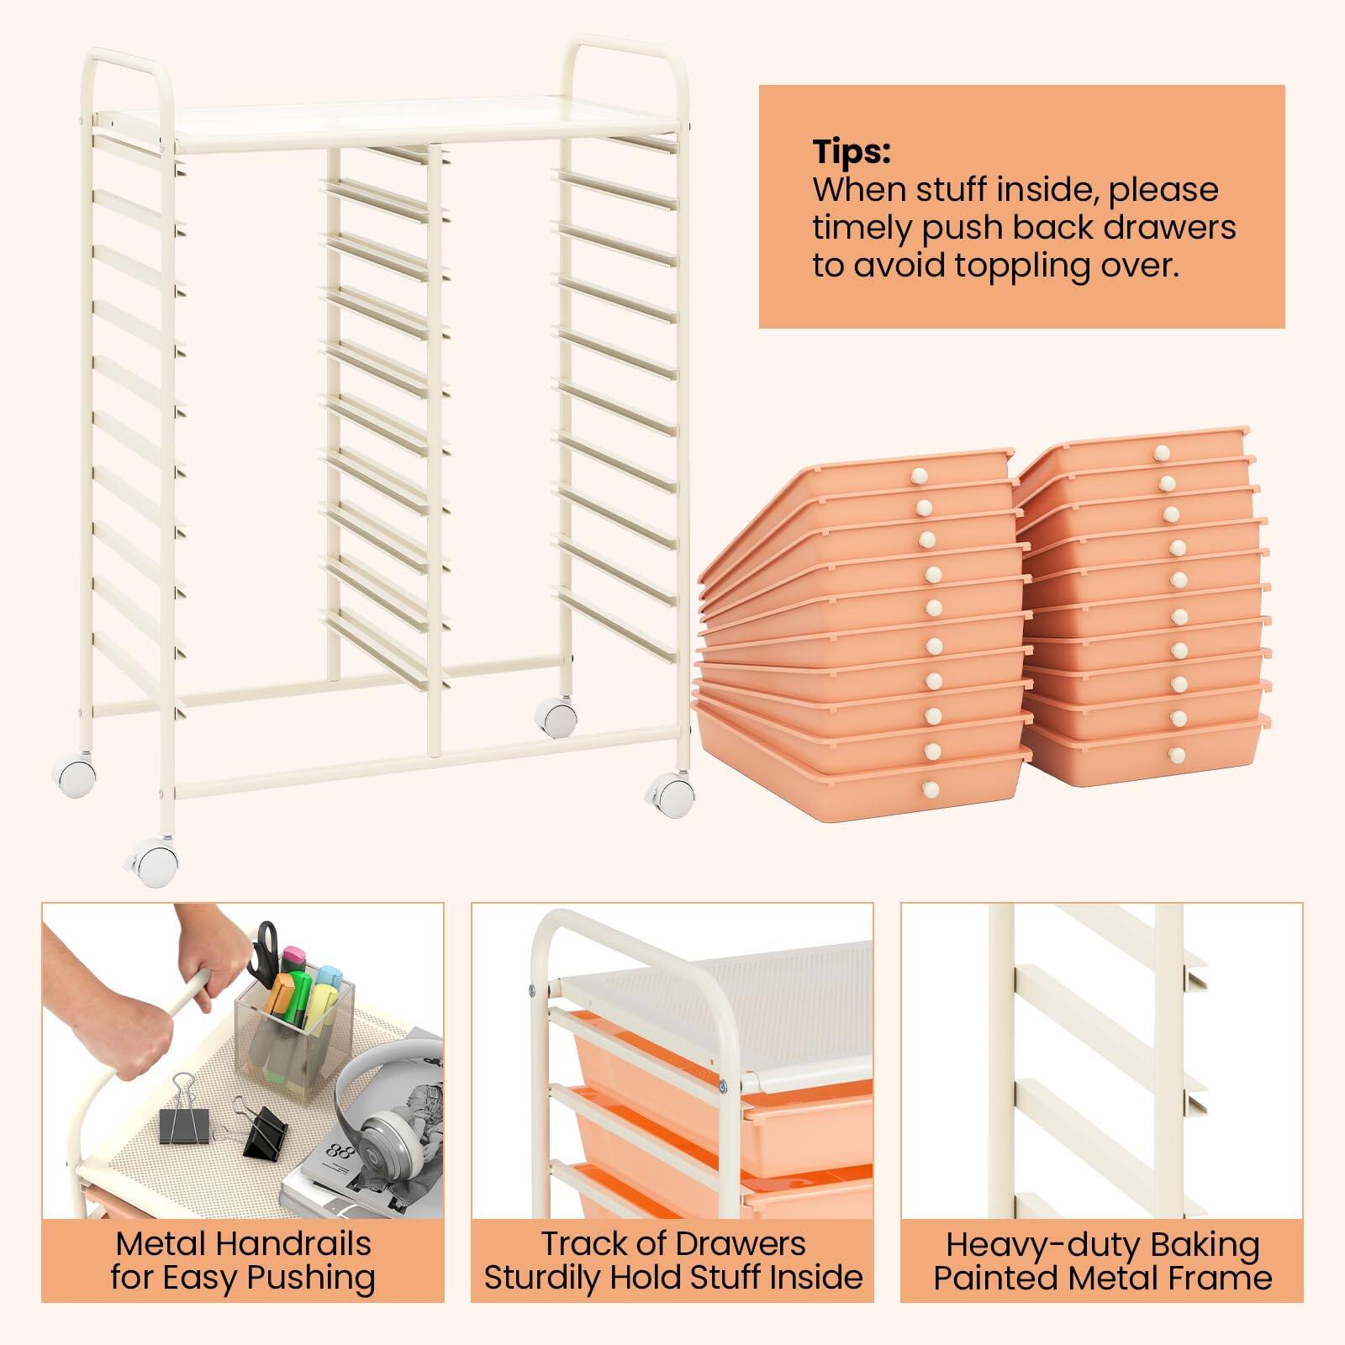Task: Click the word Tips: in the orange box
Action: (x=851, y=152)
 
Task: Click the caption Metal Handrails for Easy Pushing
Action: (x=242, y=1260)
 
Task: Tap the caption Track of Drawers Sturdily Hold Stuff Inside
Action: (x=672, y=1260)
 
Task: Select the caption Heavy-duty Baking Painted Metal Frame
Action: (x=1102, y=1260)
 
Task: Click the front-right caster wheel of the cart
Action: (x=672, y=793)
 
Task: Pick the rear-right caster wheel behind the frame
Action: (x=555, y=718)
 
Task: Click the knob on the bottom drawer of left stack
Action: (x=931, y=788)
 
